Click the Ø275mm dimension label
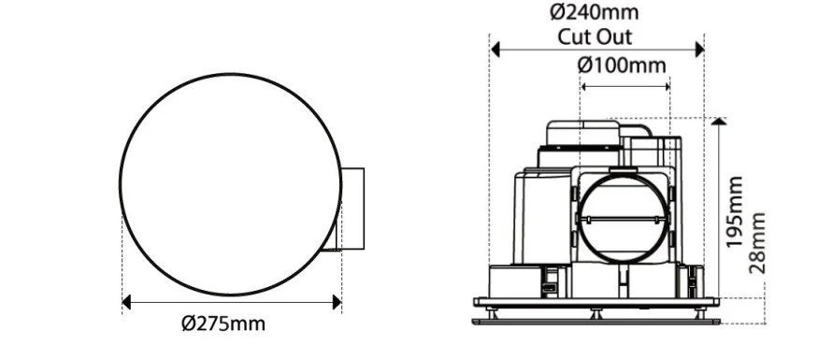(223, 324)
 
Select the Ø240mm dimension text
(596, 13)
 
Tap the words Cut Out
(596, 37)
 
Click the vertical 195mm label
(736, 211)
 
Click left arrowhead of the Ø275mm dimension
(128, 301)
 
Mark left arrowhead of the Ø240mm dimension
(495, 49)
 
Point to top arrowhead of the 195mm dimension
(717, 122)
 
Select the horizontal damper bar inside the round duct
(624, 218)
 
